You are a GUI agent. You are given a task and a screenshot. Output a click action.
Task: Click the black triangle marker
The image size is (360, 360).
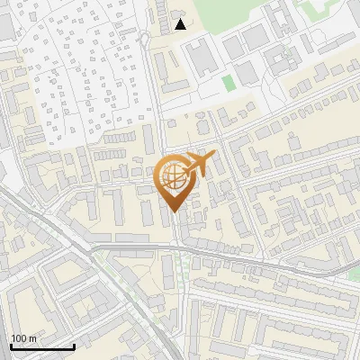(180, 24)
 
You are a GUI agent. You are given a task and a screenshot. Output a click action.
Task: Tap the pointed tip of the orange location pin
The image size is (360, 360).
(173, 211)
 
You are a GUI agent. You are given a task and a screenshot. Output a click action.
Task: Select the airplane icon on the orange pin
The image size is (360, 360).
(197, 165)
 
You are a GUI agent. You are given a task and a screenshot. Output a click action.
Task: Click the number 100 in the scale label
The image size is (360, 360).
(18, 338)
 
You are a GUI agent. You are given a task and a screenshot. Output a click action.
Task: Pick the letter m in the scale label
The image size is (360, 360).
(31, 338)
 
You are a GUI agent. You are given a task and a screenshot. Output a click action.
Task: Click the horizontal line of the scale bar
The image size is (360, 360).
(41, 346)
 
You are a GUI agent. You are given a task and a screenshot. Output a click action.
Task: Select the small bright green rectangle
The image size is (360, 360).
(228, 83)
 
